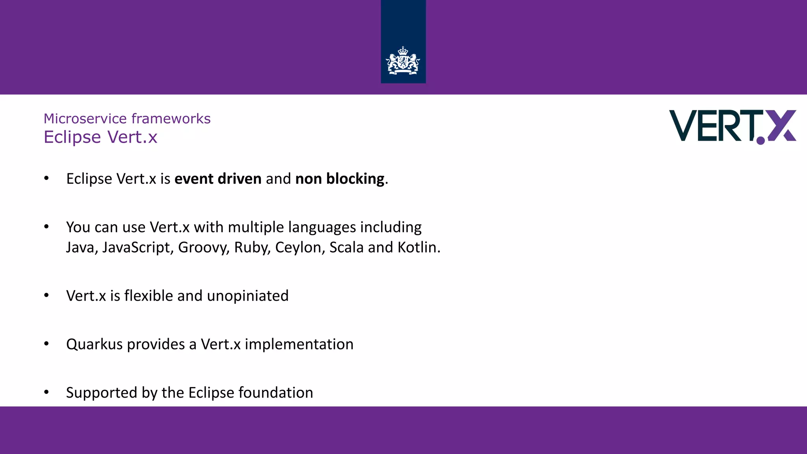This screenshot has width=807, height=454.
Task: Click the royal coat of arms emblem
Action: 403,61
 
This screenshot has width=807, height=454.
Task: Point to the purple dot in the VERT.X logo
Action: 761,140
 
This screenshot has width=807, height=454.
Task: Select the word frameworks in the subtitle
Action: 171,119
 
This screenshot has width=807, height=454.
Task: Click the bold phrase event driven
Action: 218,179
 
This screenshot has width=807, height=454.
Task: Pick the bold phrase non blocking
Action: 340,179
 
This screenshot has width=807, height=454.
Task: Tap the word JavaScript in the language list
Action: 136,247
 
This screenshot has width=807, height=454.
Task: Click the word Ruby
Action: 251,247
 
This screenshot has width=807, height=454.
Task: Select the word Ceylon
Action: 299,247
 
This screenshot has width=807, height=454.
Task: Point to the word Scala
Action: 346,247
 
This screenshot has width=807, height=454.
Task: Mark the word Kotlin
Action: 418,247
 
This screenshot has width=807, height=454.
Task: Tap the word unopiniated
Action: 247,296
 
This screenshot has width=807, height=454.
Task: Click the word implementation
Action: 299,344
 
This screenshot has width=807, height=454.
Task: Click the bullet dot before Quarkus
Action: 46,344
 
